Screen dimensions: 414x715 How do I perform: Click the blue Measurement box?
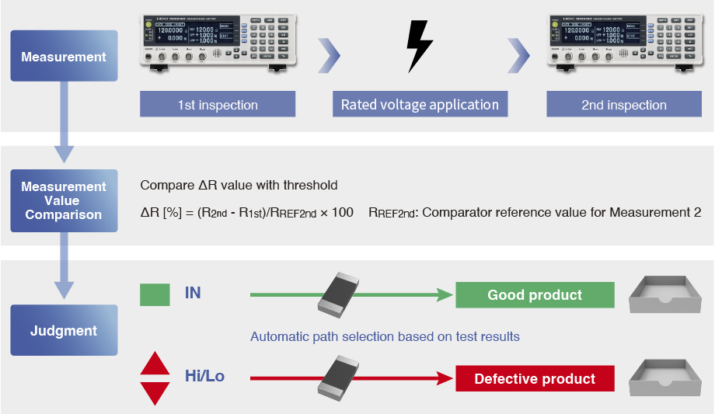coord(64,57)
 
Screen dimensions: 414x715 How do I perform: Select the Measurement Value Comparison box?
coord(64,200)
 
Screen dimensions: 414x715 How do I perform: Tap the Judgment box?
coord(64,331)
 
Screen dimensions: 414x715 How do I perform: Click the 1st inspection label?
coord(218,105)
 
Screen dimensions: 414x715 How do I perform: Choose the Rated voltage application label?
coord(420,105)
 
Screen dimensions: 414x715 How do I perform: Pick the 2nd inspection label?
coord(624,105)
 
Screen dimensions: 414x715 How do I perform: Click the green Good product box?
coord(535,295)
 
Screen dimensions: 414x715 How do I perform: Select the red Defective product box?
coord(535,379)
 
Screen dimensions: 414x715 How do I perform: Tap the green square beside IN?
coord(155,294)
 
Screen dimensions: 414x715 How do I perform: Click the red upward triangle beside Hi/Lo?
coord(155,364)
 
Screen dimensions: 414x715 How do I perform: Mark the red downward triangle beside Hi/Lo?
coord(155,392)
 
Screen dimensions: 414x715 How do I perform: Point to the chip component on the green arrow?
coord(340,294)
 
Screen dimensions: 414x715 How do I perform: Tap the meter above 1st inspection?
coord(218,43)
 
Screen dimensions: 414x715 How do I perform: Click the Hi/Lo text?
coord(204,377)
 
